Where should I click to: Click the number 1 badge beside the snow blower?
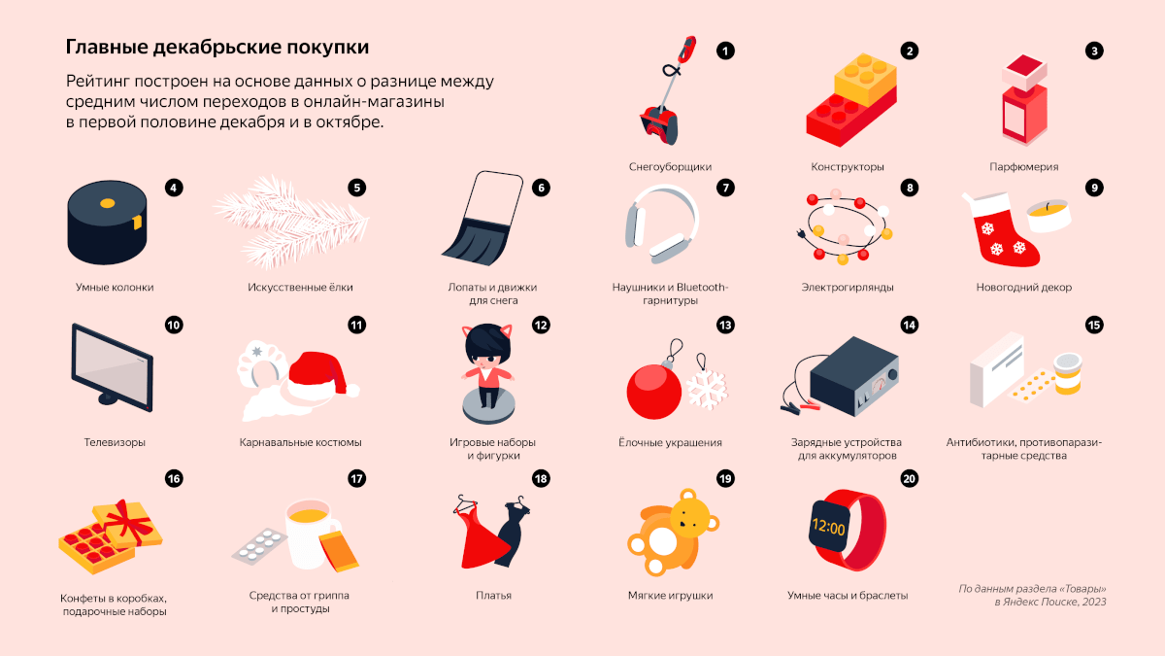[x=725, y=51]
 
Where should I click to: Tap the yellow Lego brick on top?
[x=865, y=77]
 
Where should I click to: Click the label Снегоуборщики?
[x=670, y=166]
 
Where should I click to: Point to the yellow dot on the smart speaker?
[x=107, y=203]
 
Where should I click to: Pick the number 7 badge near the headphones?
[x=725, y=188]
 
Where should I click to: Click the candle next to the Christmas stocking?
[x=1048, y=216]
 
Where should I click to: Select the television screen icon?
[x=112, y=367]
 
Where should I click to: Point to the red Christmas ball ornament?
[x=653, y=391]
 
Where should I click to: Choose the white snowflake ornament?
[x=707, y=389]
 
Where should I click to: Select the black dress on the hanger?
[x=513, y=531]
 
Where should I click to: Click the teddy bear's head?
[x=690, y=513]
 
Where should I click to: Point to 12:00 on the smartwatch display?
[x=828, y=528]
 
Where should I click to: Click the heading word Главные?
[x=107, y=47]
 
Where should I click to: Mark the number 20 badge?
[x=909, y=478]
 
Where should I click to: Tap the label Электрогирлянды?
[x=848, y=287]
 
